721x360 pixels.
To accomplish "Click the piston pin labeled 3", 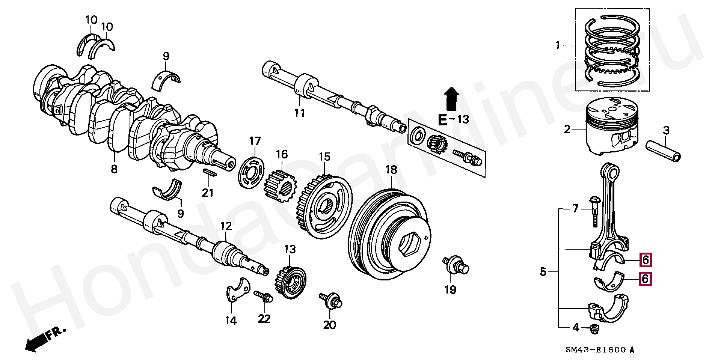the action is (x=663, y=150).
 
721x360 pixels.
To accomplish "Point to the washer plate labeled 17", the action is (x=252, y=173).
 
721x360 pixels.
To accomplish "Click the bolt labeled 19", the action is (x=456, y=265).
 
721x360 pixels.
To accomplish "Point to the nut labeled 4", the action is (x=594, y=329).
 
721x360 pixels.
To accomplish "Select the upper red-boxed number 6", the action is (x=645, y=259).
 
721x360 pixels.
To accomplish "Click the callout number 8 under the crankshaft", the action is (x=114, y=169).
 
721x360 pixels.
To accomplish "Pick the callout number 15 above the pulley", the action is (x=324, y=157).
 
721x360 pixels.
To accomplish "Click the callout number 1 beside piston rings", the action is (x=558, y=46).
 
